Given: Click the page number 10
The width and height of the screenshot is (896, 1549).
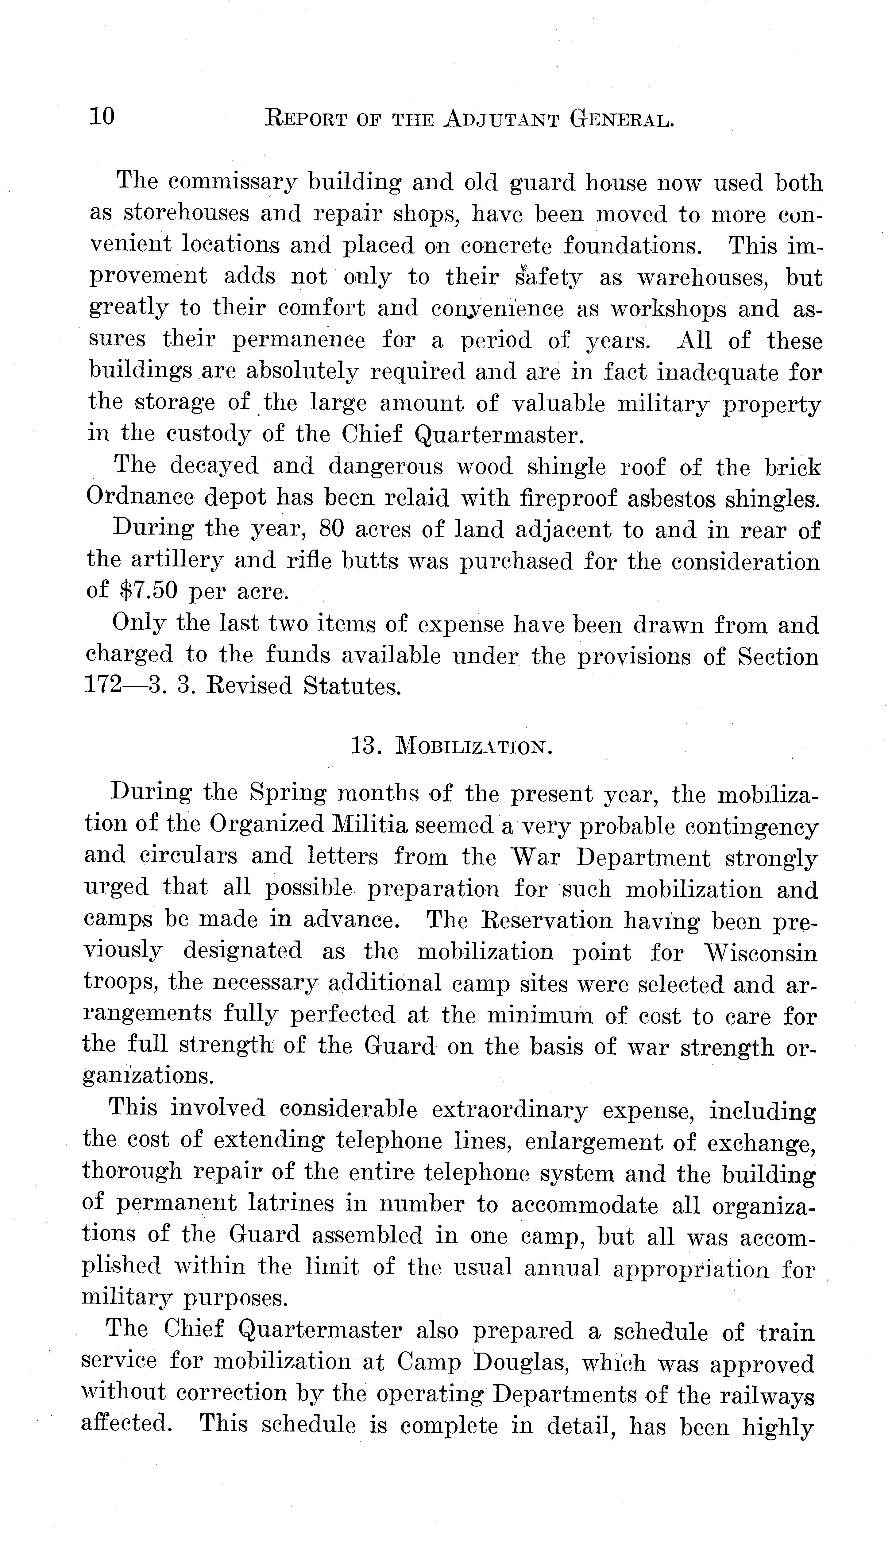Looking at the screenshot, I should [x=102, y=116].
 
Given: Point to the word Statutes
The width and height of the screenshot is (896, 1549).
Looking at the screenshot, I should [x=352, y=686].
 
